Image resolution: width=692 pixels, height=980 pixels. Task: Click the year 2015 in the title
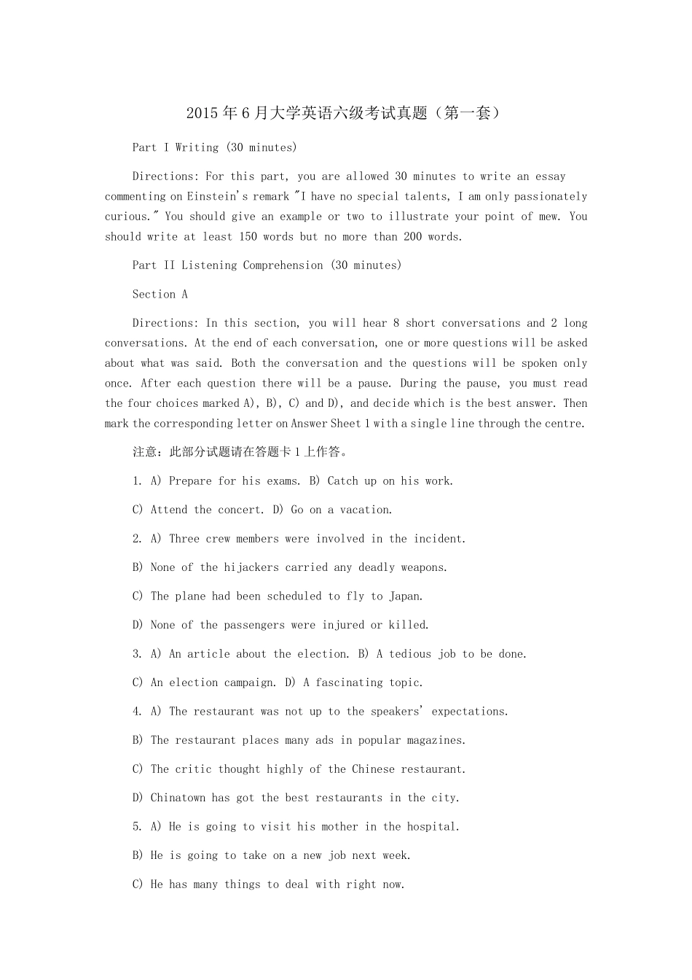tap(202, 114)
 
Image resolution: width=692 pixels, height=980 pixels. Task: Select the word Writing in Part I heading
tap(197, 148)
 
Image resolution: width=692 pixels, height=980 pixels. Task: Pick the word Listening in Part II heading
tap(209, 265)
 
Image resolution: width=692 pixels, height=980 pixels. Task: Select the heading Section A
tap(160, 295)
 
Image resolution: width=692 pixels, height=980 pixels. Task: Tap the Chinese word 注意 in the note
tap(145, 452)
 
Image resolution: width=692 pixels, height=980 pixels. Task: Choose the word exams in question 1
tap(282, 481)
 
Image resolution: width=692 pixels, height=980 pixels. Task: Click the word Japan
tap(406, 596)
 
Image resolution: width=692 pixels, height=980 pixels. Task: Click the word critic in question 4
tap(193, 769)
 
